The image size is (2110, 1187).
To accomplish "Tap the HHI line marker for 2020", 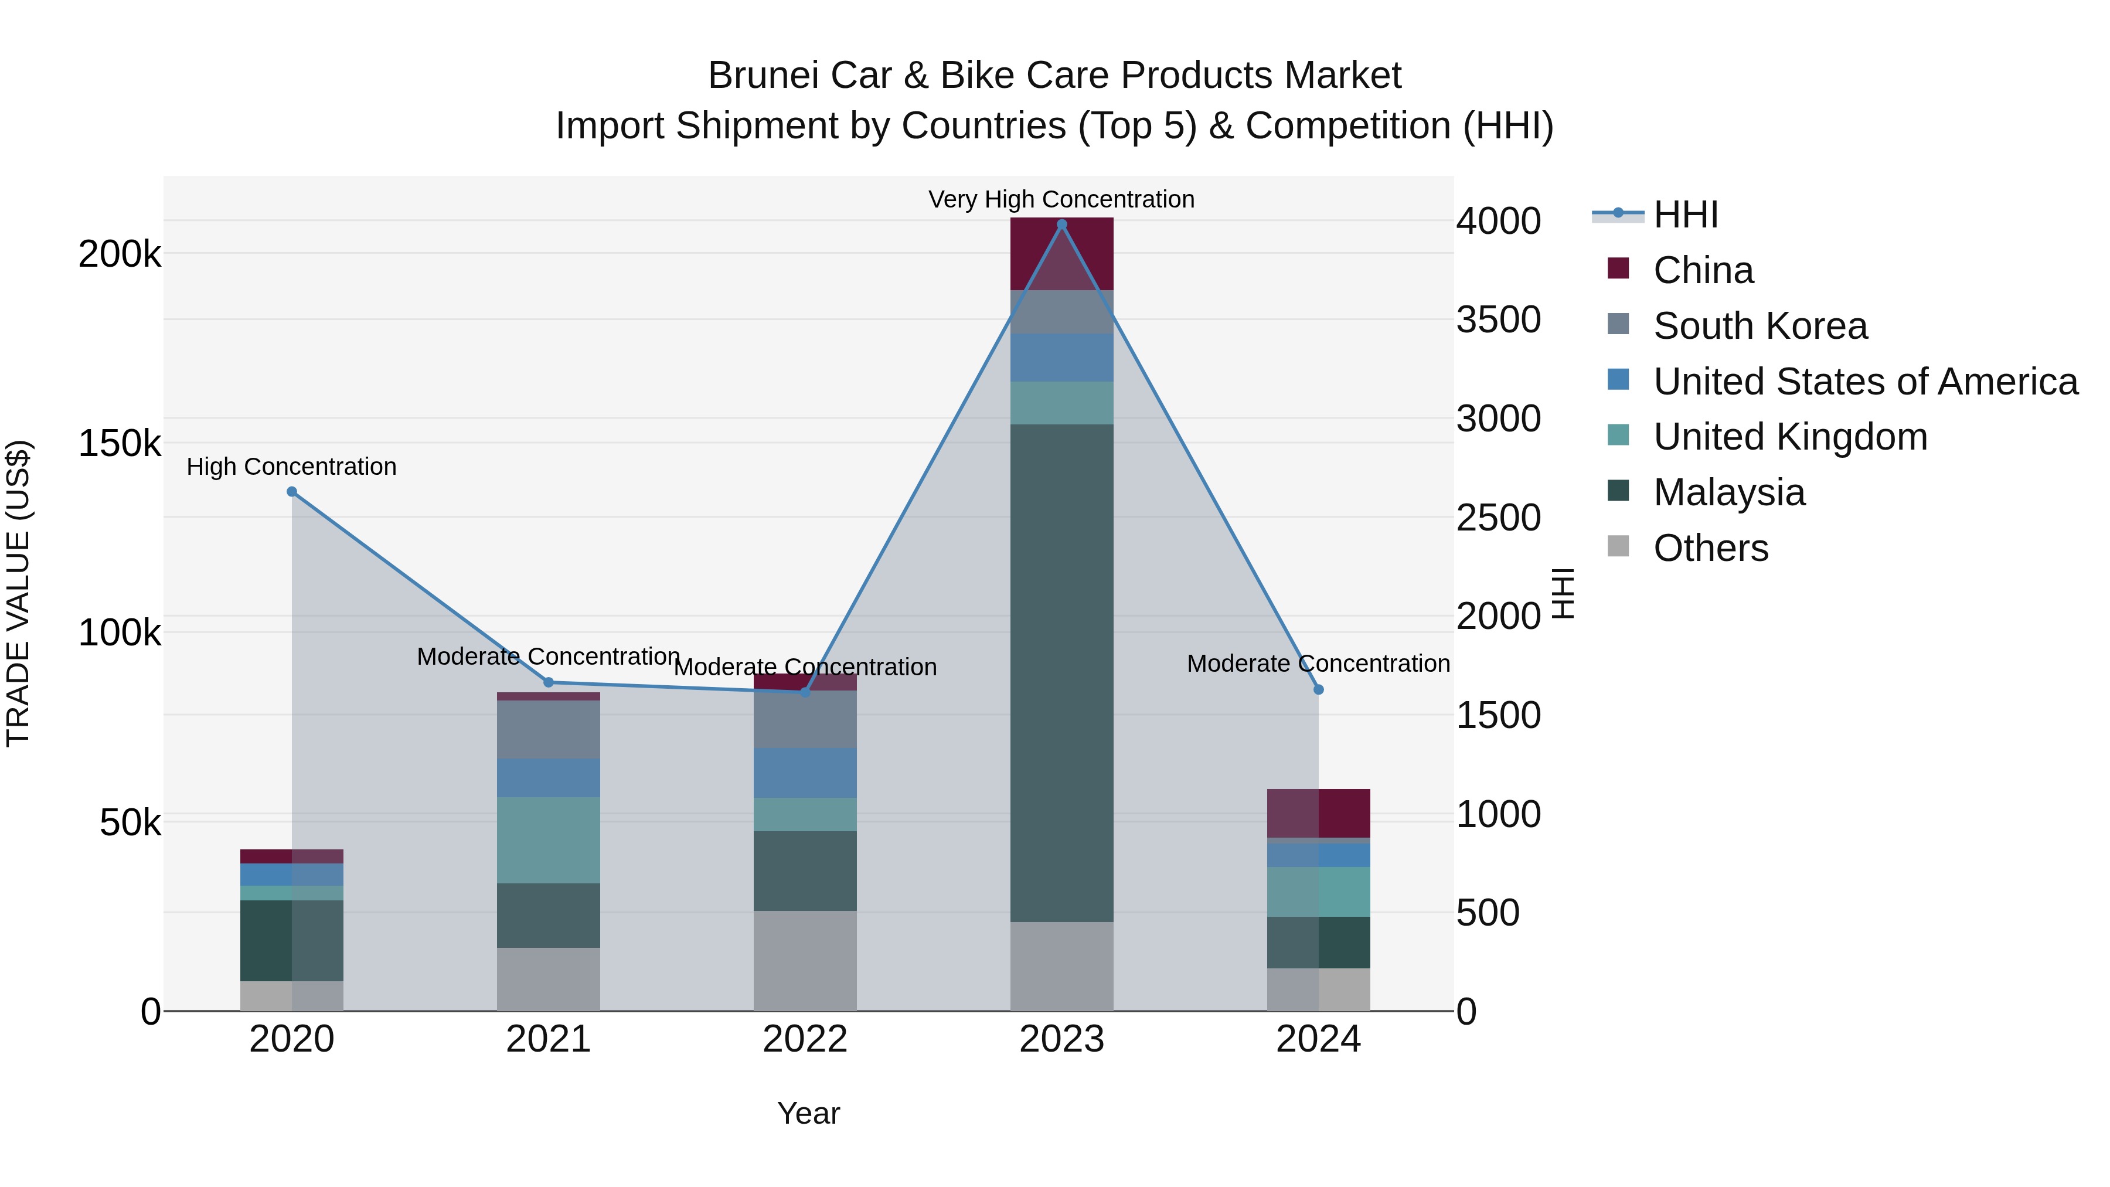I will [x=292, y=492].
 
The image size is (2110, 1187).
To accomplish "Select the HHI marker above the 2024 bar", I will [x=1319, y=690].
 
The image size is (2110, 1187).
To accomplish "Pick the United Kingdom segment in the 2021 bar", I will [x=548, y=839].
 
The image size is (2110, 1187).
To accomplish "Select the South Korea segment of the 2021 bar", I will [x=548, y=729].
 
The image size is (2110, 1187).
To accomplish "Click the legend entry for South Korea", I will [x=1760, y=326].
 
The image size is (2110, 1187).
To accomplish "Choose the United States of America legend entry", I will [x=1864, y=382].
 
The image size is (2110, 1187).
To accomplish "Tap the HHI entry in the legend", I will [x=1685, y=215].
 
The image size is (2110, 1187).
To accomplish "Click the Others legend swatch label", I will [x=1710, y=548].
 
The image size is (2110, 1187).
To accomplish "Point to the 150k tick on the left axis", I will [x=120, y=444].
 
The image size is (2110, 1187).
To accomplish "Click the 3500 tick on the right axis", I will [x=1498, y=319].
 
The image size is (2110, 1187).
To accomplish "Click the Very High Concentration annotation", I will [x=1061, y=199].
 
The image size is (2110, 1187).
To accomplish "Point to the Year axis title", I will [x=808, y=1113].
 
